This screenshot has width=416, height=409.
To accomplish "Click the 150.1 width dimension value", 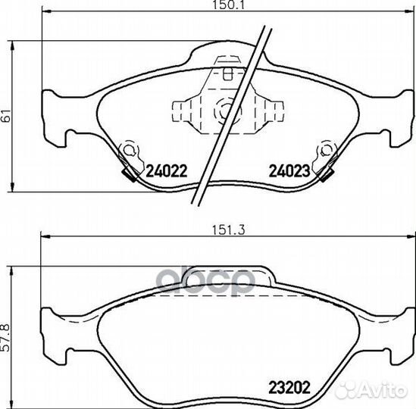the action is [x=228, y=5].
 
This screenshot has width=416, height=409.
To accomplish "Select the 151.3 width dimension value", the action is [x=228, y=229].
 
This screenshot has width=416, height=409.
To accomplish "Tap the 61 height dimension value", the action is [x=5, y=116].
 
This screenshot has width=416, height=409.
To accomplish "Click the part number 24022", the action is [x=167, y=171].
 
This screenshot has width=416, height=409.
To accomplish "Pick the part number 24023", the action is [x=289, y=171].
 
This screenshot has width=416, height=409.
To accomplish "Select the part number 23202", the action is [x=289, y=388].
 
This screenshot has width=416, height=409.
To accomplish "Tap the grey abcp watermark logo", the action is [x=206, y=281].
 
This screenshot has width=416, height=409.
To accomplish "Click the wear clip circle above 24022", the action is [x=130, y=150].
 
